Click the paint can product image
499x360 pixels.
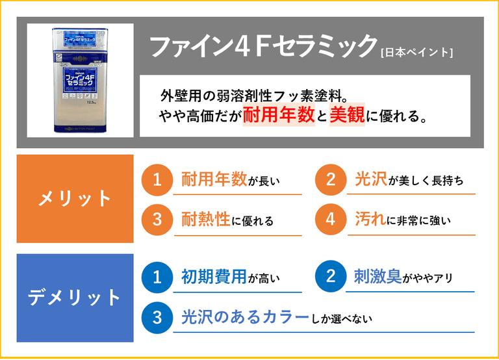[80, 80]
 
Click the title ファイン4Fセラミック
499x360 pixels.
[263, 47]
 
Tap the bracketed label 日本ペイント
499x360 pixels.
[417, 52]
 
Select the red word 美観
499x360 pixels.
[347, 114]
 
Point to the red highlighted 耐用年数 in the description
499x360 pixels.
[279, 114]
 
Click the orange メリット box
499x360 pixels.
[75, 199]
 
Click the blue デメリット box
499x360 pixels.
[75, 298]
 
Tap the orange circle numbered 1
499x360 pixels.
[157, 180]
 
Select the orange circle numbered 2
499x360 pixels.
[331, 180]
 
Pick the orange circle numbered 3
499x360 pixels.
[157, 219]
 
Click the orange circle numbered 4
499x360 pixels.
[331, 219]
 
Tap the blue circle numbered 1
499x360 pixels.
[157, 277]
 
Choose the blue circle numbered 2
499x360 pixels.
[331, 276]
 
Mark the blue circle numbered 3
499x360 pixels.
[157, 318]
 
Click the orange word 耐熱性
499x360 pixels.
[205, 219]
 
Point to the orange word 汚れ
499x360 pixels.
[370, 219]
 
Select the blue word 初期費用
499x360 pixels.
[214, 276]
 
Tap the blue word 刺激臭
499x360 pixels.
[378, 276]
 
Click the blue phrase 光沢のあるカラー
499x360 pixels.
[246, 317]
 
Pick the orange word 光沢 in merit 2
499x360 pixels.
[371, 179]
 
